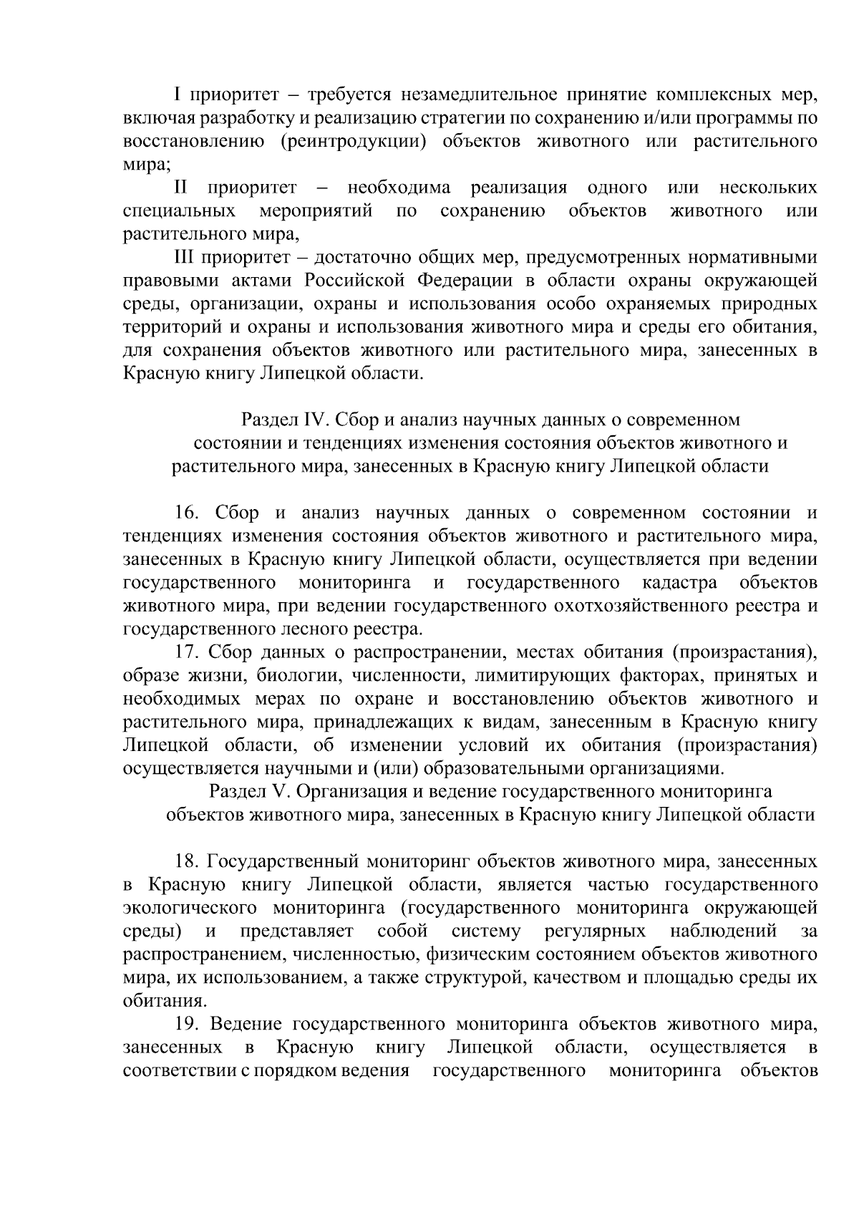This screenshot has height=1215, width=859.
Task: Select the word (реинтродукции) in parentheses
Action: point(349,141)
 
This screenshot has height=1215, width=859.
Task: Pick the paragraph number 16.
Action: point(188,513)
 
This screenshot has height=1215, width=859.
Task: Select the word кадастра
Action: point(679,583)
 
